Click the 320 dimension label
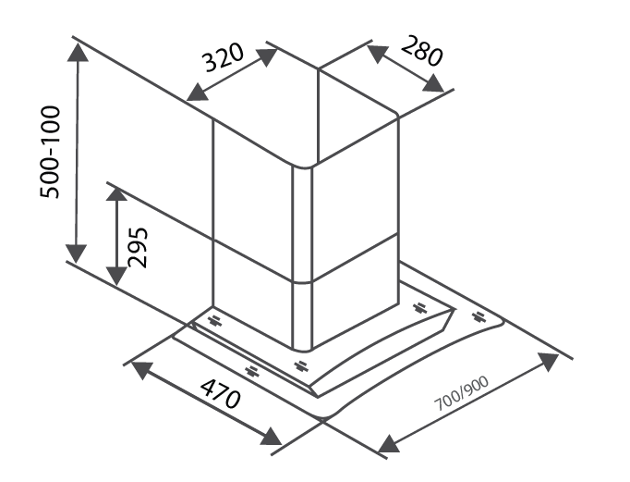223,57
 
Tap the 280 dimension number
422,51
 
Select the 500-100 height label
50,152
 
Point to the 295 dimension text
138,247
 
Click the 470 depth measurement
221,393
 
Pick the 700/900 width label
462,393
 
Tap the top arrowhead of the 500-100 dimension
78,51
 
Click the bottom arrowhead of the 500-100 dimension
76,253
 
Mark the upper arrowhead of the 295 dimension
117,194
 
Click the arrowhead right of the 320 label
266,57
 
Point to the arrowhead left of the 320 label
198,93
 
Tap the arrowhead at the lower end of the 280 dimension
434,83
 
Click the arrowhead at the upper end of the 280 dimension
377,54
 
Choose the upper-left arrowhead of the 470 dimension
142,370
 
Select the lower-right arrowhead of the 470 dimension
271,436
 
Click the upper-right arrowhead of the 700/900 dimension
548,362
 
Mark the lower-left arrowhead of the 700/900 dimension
389,444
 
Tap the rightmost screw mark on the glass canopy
479,316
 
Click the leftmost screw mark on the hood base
214,321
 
